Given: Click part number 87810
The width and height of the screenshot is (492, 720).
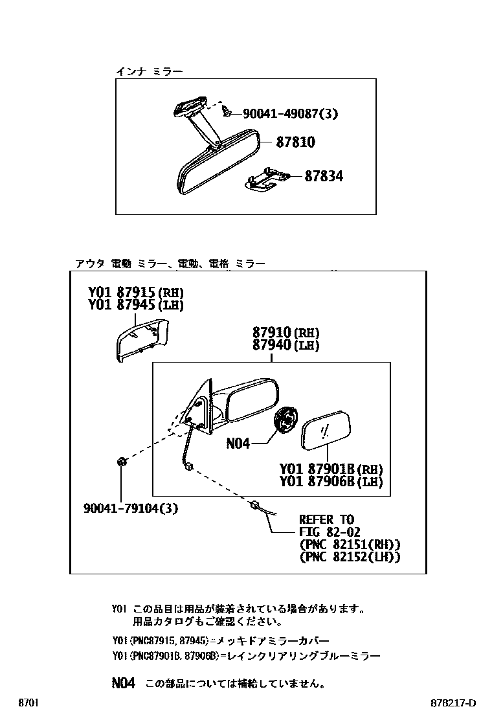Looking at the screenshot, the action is coord(295,142).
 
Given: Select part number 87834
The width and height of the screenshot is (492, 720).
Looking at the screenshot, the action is coord(324,176).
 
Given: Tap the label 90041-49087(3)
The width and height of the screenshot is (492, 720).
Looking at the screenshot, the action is coord(291,113).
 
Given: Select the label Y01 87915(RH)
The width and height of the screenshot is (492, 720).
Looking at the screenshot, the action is coord(136,292).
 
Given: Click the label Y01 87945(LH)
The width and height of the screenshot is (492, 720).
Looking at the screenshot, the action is coord(136,305).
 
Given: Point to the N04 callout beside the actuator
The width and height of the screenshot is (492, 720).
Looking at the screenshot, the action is coord(238,444).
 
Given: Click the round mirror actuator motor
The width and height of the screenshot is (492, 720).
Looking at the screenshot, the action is coord(285,421).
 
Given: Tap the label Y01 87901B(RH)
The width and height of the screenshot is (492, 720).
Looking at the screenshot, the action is coord(331,469).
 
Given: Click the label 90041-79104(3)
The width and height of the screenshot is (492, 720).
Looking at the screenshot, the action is coord(131,508).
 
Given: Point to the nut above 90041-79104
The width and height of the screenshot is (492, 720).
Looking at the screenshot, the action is coord(121,462).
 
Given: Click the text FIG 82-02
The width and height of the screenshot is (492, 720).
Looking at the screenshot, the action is coord(325,532).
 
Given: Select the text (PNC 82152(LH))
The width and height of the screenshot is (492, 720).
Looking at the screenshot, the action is coord(350,556).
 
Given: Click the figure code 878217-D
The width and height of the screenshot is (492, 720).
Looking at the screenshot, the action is coord(453,703).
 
